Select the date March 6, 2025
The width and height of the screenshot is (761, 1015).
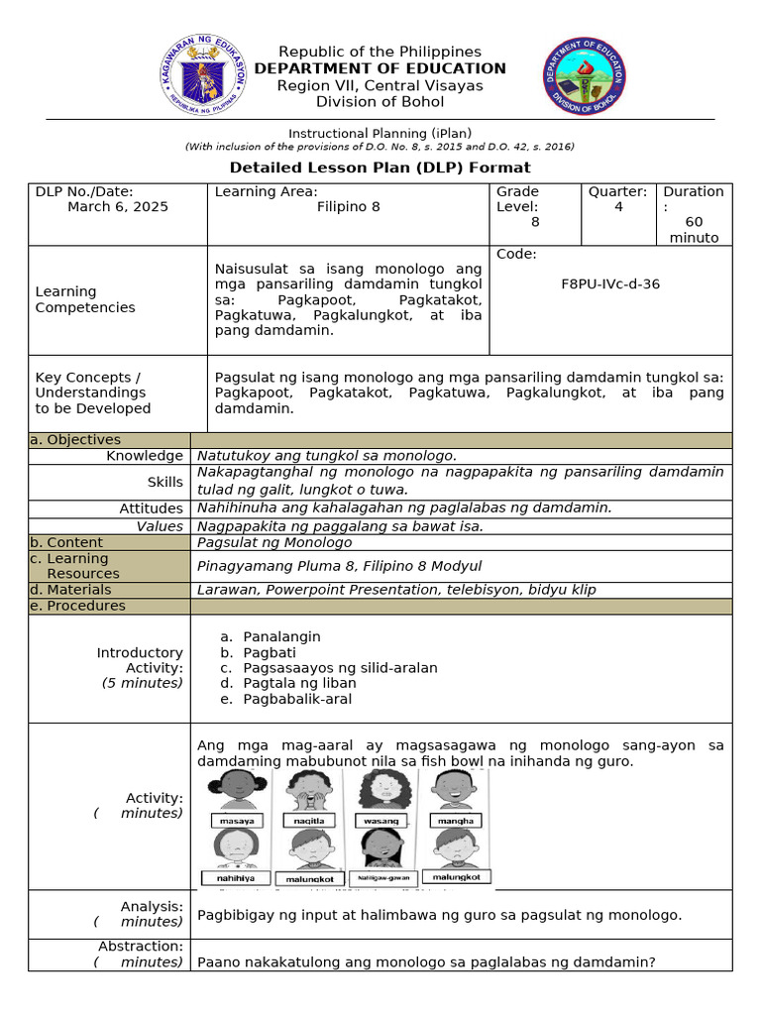[x=118, y=207]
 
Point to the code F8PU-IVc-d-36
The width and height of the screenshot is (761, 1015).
[x=610, y=283]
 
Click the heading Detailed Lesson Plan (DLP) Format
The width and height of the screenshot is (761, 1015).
[x=380, y=168]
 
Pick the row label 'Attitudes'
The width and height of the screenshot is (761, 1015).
[x=151, y=507]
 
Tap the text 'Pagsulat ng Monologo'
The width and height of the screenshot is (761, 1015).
[x=274, y=542]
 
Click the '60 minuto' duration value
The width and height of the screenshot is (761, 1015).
[x=694, y=230]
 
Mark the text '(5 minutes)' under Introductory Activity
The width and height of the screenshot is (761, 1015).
[x=142, y=683]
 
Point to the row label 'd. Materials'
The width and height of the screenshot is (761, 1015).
[x=76, y=590]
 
